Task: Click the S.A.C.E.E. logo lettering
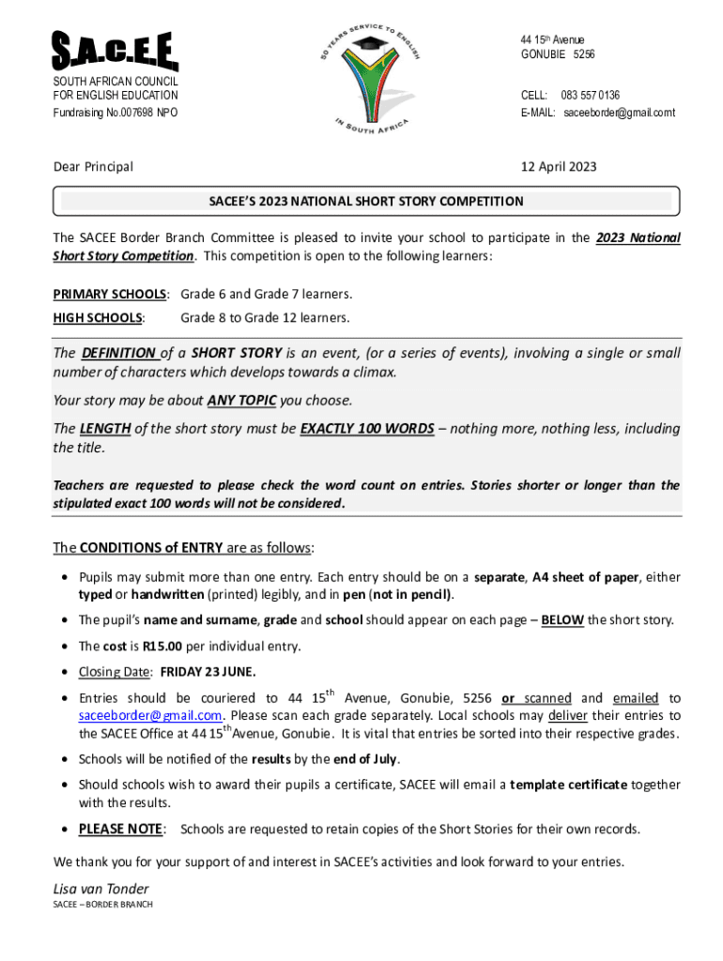coord(115,53)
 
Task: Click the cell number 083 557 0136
coord(590,96)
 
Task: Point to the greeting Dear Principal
coord(93,167)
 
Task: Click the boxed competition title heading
coord(366,201)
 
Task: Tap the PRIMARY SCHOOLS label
coord(110,294)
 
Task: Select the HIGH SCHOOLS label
coord(99,317)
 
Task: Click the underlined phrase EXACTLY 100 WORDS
coord(366,429)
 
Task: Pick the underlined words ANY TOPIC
coord(241,401)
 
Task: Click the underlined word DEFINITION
coord(118,354)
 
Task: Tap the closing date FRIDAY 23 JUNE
coord(208,672)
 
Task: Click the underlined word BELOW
coord(563,620)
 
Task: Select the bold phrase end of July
coord(363,758)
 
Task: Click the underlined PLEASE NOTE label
coord(120,829)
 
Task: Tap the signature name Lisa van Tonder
coord(101,889)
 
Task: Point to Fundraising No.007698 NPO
coord(115,113)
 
